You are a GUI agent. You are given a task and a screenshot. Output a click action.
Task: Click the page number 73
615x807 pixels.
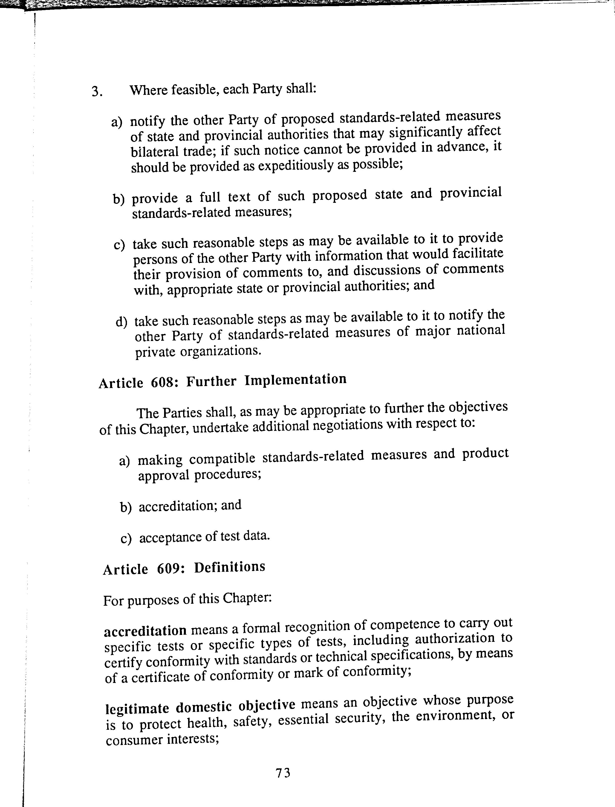click(x=283, y=773)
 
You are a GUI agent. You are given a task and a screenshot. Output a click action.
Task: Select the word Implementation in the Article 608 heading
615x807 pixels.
click(x=295, y=380)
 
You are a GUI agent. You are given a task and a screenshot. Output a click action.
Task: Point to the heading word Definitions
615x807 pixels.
click(x=229, y=567)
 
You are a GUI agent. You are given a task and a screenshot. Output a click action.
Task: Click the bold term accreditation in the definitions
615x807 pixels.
click(x=145, y=631)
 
